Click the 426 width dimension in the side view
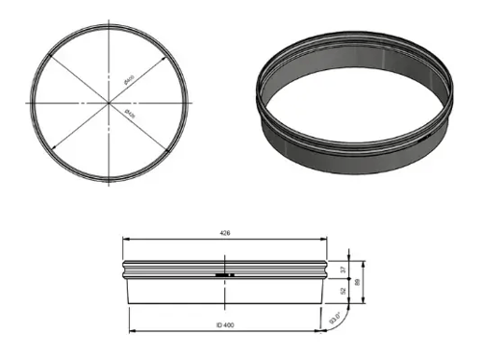pyautogui.click(x=224, y=233)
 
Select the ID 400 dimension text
pyautogui.click(x=225, y=326)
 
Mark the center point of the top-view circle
pyautogui.click(x=111, y=102)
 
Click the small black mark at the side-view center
pyautogui.click(x=224, y=274)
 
